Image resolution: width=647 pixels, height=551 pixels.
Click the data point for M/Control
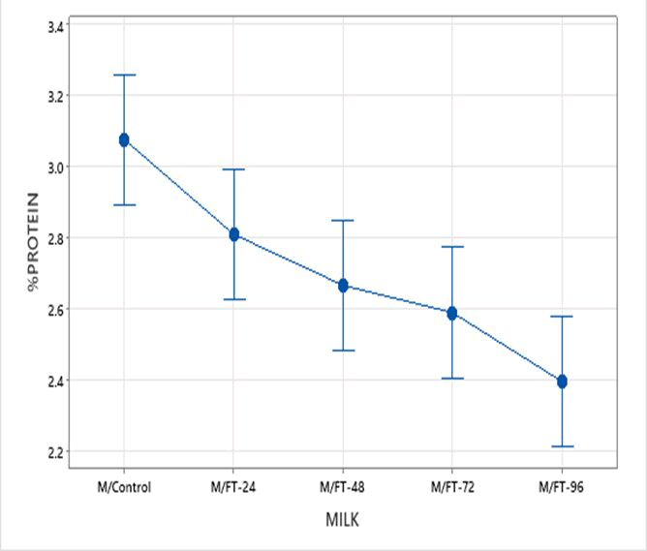124,140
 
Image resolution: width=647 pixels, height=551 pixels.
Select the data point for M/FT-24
233,234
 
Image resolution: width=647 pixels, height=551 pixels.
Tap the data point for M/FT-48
343,286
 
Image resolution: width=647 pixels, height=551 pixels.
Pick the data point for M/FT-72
452,313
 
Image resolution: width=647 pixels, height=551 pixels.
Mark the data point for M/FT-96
562,382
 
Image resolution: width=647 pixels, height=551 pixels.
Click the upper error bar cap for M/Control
124,75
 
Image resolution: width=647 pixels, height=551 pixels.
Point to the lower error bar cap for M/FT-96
562,446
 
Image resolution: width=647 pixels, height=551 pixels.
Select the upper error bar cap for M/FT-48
343,221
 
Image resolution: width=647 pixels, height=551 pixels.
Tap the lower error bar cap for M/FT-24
233,299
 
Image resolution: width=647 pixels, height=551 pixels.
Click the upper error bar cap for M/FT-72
452,247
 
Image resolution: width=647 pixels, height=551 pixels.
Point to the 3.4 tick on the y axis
55,25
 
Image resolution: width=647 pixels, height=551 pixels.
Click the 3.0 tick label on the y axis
55,167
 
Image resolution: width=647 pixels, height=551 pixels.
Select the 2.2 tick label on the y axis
55,451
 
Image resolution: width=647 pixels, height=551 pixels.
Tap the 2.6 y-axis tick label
55,309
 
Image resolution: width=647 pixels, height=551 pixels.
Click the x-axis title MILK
343,522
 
